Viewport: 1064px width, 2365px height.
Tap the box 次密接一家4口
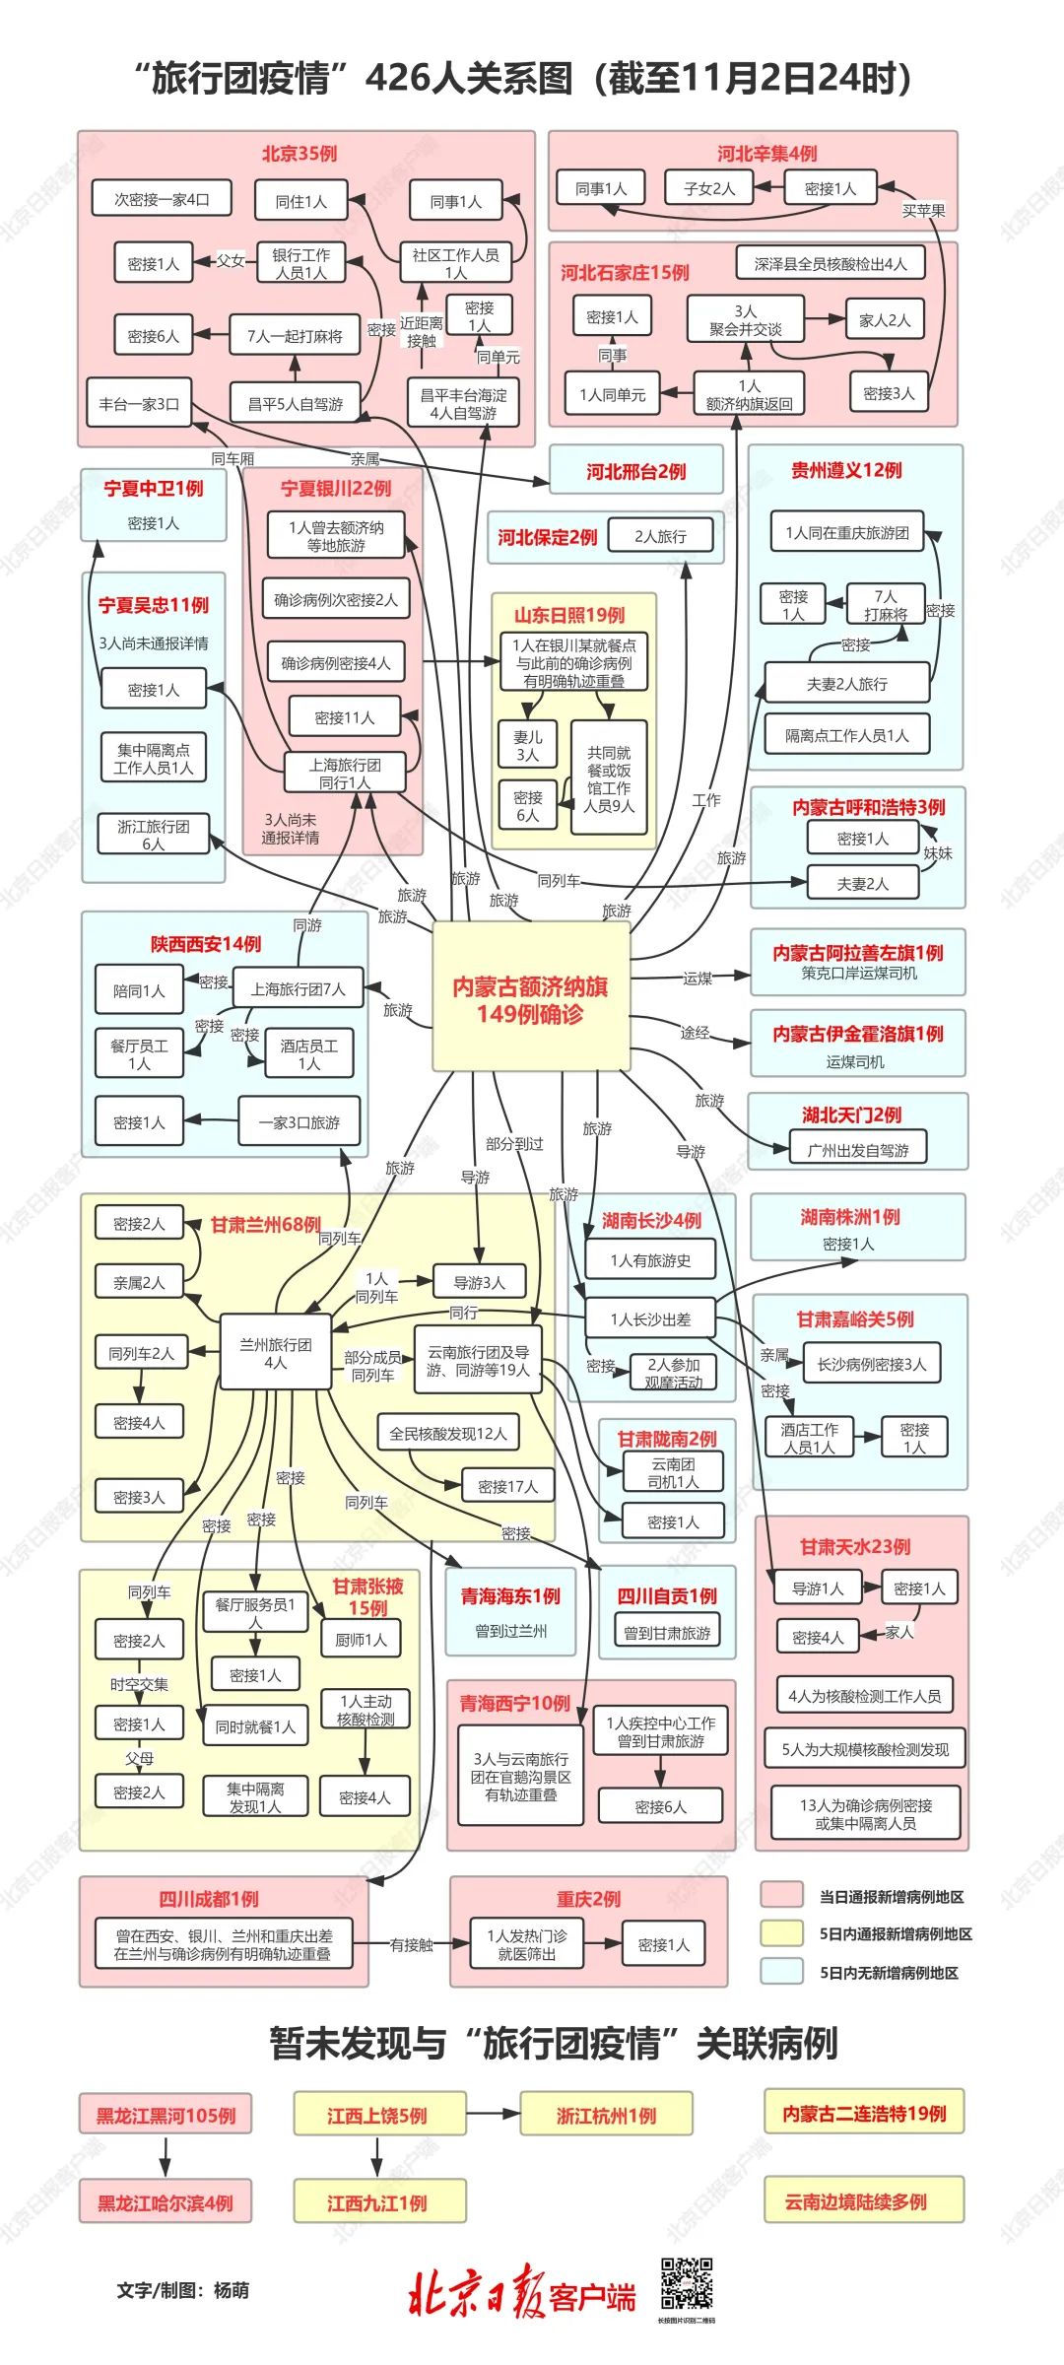tap(162, 198)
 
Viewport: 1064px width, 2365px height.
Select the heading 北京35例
tap(299, 153)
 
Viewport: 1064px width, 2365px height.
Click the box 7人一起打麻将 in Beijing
tap(295, 335)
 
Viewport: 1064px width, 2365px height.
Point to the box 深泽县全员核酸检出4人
tap(831, 263)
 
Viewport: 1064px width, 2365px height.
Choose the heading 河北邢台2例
tap(636, 471)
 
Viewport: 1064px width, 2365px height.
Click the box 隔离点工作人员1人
tap(847, 735)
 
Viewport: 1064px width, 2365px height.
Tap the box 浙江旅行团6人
tap(154, 834)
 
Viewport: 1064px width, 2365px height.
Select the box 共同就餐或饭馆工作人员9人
tap(609, 778)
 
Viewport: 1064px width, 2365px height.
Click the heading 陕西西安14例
tap(206, 943)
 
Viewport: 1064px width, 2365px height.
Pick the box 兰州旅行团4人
tap(275, 1352)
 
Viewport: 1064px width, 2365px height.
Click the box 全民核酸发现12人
tap(448, 1434)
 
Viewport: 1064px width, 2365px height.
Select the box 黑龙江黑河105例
tap(166, 2116)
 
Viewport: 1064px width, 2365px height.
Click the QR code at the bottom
tap(687, 2283)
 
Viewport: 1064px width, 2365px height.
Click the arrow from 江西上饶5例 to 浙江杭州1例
tap(494, 2114)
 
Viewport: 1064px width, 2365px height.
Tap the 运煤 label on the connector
tap(698, 978)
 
